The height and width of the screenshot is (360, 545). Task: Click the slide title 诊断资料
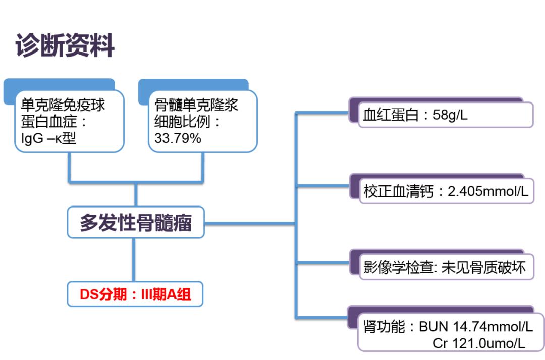pos(65,46)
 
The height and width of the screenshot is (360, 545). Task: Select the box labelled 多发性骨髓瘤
pos(136,222)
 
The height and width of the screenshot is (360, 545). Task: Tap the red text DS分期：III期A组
pos(135,294)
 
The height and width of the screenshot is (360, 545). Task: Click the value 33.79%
pos(178,138)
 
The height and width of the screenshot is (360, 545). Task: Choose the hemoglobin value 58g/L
pos(450,115)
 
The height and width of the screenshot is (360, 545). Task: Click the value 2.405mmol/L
pos(488,192)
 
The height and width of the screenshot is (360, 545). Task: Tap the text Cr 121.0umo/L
pos(479,343)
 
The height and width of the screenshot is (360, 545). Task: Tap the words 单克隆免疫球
pos(63,105)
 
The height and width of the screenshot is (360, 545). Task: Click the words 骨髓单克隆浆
pos(196,105)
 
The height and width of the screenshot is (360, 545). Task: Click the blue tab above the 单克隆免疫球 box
pos(61,84)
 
